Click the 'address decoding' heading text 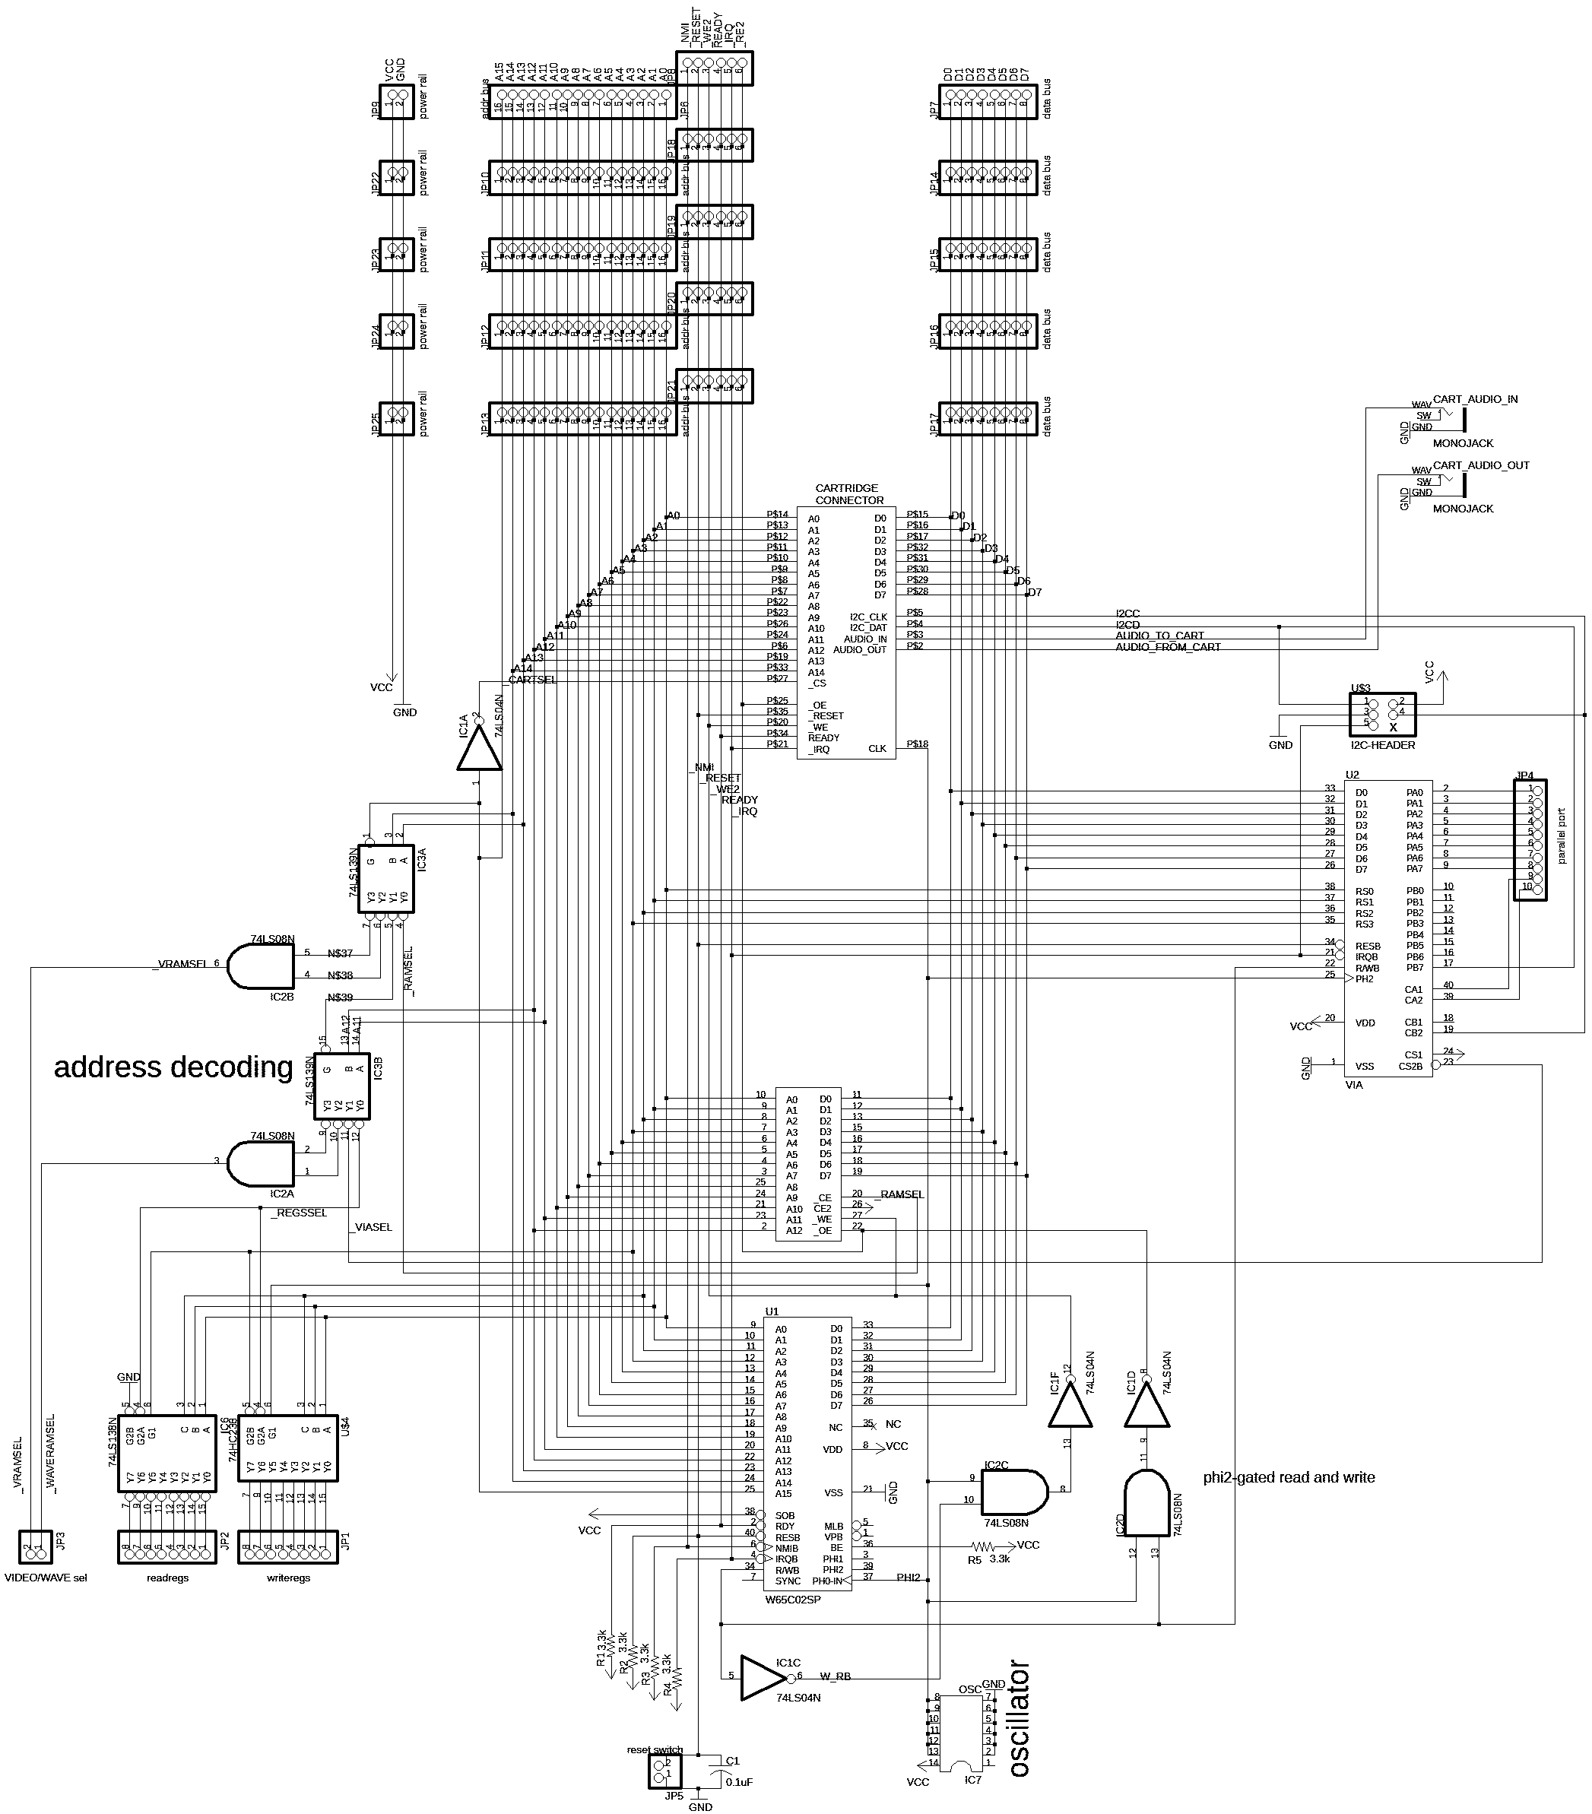[173, 1067]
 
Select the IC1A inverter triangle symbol [479, 750]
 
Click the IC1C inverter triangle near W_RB [763, 1676]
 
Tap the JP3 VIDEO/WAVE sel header [36, 1548]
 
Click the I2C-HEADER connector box [1381, 715]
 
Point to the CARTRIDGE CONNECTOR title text [849, 494]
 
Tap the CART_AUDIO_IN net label [1475, 399]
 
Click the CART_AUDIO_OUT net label [1481, 465]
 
